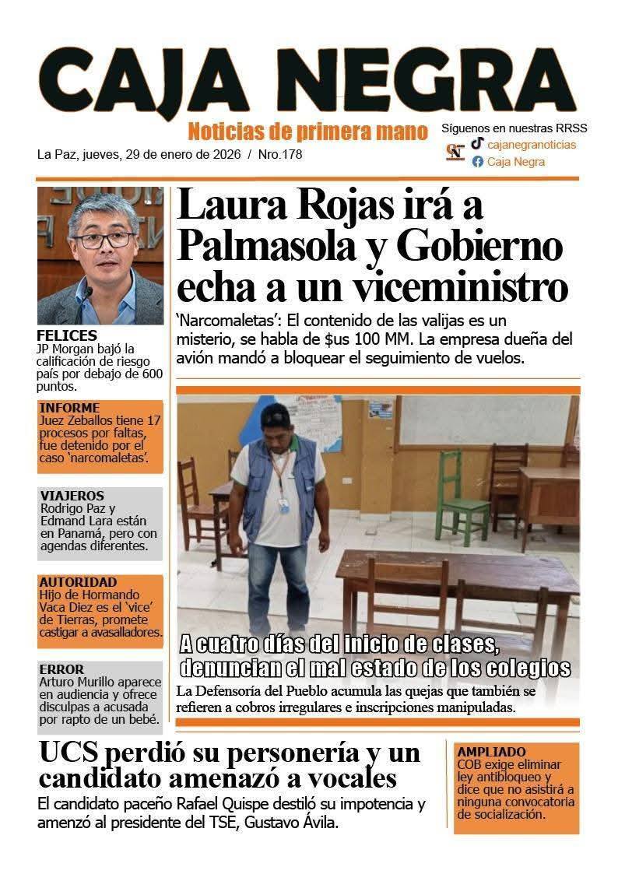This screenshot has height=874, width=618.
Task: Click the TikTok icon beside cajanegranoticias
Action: (x=477, y=143)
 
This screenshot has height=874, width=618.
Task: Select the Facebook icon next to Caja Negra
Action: (x=478, y=162)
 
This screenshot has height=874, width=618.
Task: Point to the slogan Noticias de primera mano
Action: (x=307, y=130)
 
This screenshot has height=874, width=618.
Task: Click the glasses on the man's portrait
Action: (x=102, y=240)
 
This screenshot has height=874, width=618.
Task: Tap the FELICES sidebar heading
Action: (x=67, y=335)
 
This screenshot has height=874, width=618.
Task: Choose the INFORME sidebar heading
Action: (x=69, y=408)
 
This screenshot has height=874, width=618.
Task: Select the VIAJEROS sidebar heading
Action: (x=72, y=496)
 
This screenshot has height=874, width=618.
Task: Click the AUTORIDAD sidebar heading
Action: (x=78, y=582)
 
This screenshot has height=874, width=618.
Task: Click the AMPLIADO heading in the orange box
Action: (x=492, y=753)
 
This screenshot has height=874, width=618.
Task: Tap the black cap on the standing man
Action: (x=276, y=414)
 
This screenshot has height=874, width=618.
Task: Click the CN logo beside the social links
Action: (x=455, y=152)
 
